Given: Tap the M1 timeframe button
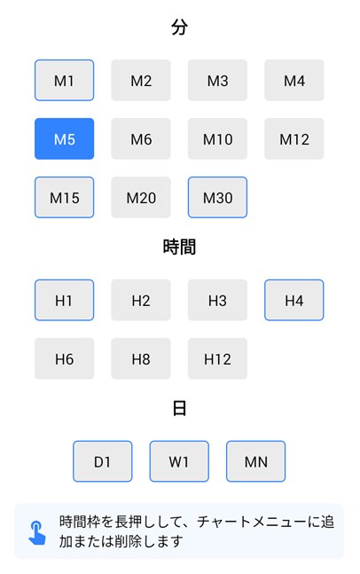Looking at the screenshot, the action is click(65, 80).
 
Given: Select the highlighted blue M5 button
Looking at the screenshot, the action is click(65, 138).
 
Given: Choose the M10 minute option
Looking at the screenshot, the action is click(217, 138).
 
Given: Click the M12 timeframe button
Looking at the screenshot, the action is click(294, 138).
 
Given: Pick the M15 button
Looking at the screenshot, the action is click(65, 197).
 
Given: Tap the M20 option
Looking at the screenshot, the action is click(141, 197).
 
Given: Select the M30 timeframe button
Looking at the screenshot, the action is click(217, 197).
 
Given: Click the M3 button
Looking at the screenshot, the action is click(217, 80).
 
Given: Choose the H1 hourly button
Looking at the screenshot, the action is click(65, 300).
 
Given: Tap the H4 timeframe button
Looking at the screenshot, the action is click(294, 300).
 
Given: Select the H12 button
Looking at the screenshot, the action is click(217, 358).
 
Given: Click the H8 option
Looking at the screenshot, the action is click(141, 358).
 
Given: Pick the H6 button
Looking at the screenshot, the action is click(65, 358).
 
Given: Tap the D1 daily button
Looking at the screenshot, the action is click(103, 461).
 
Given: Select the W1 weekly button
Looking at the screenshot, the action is click(179, 461).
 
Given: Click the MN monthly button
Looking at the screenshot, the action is click(255, 461).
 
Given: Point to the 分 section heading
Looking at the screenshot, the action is click(180, 28).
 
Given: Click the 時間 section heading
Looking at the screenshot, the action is click(180, 247).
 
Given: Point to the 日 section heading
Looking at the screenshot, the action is click(180, 408).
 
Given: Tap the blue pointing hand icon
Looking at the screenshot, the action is click(37, 532).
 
